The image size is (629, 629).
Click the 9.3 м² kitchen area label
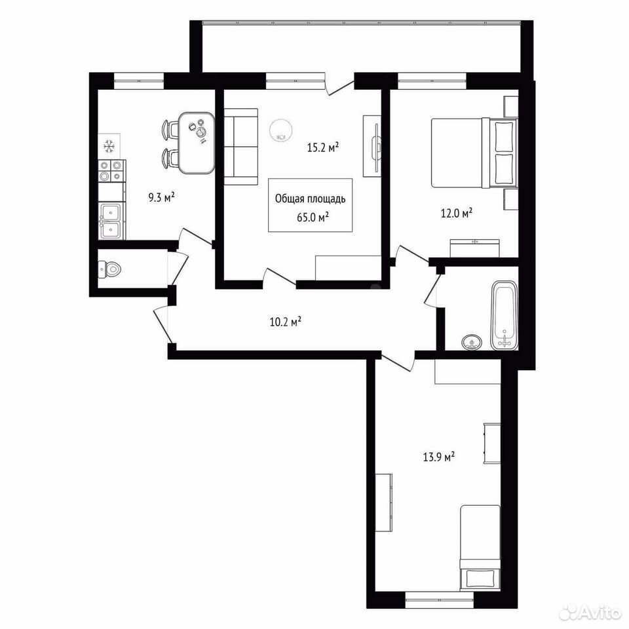pos(161,197)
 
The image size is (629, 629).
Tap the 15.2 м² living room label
pos(323,147)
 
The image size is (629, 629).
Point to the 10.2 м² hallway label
pos(286,322)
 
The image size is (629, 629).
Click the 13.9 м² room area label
pos(439,457)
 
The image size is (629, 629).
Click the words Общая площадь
pos(311,199)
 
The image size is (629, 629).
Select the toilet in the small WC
pos(109,269)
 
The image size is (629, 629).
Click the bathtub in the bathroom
pos(505,316)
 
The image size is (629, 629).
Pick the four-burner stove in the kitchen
pos(112,170)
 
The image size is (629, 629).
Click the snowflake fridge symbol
pos(109,146)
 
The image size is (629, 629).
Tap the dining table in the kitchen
pos(196,143)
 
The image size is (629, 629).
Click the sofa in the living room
pos(240,147)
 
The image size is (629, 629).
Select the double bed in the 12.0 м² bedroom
pos(474,153)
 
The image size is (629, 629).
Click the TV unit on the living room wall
pos(372,146)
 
